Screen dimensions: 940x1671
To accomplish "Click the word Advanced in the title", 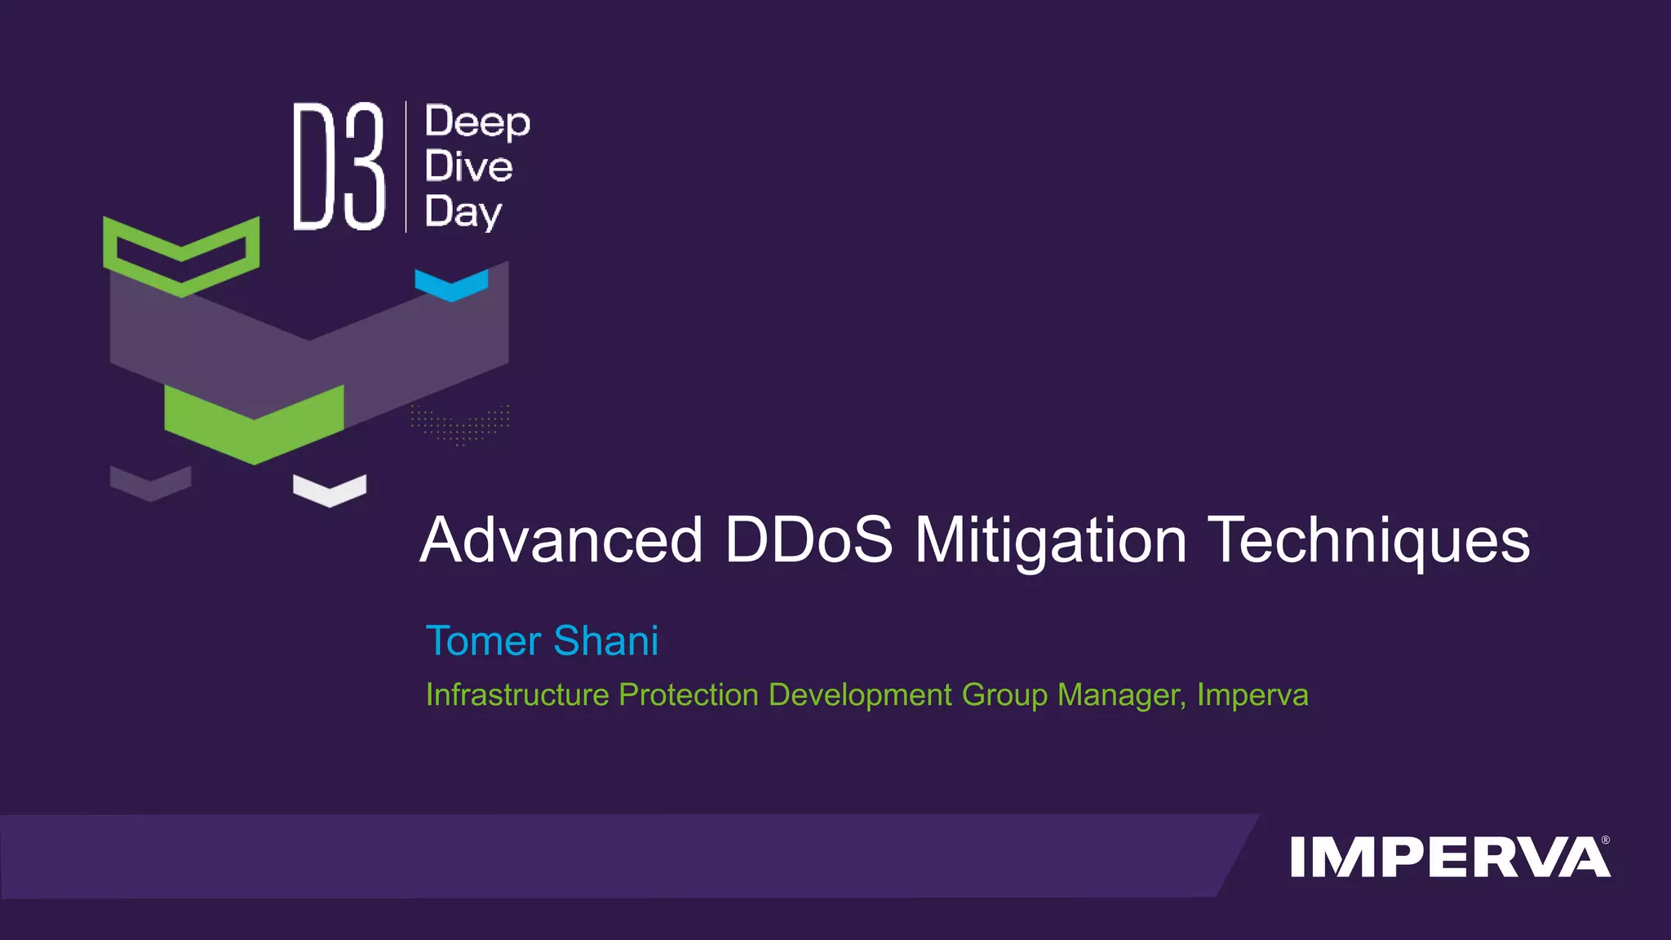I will click(561, 540).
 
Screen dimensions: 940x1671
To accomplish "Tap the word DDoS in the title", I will click(809, 540).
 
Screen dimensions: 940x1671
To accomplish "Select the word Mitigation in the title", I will click(1050, 542).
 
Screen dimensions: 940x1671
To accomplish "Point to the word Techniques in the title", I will click(1368, 542).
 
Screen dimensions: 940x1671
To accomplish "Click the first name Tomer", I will click(483, 641).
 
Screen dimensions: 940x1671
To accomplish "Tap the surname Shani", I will click(606, 641).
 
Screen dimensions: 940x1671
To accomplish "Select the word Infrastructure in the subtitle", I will click(517, 695).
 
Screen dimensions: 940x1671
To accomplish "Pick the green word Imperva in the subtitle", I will click(1252, 695).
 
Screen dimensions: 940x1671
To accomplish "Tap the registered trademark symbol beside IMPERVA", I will click(1606, 840).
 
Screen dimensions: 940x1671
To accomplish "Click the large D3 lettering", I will click(339, 166).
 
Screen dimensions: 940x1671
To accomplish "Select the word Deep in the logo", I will click(477, 122).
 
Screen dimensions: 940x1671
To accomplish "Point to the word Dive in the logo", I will click(468, 166).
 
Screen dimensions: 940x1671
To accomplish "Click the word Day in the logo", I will click(463, 212).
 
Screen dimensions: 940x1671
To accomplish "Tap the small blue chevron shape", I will click(451, 284).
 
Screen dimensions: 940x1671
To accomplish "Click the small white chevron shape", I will click(330, 490).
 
